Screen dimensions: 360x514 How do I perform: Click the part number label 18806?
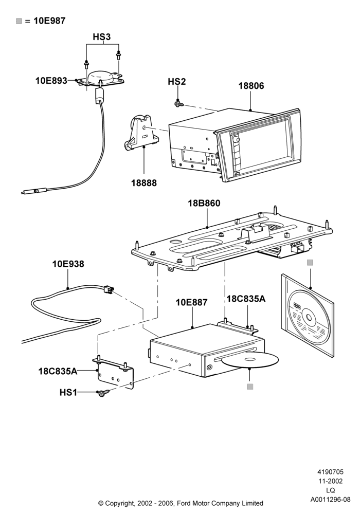(x=251, y=86)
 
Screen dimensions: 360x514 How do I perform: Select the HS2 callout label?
(x=177, y=81)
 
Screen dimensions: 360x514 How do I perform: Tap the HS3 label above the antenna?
(x=102, y=37)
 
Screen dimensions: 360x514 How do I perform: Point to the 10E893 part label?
(x=51, y=81)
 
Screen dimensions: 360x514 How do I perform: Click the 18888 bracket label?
(x=144, y=183)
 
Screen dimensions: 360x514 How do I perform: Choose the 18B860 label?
(x=204, y=203)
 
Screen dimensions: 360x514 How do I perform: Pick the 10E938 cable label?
(x=68, y=264)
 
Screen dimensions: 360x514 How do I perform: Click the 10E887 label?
(x=191, y=302)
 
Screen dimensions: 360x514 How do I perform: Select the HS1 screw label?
(x=68, y=392)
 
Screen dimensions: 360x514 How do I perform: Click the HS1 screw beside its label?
(x=103, y=393)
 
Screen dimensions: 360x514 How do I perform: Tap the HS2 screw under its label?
(x=179, y=104)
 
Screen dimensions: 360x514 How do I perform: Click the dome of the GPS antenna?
(x=99, y=77)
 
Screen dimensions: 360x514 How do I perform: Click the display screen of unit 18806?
(x=264, y=145)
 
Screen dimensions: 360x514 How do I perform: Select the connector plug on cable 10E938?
(x=108, y=290)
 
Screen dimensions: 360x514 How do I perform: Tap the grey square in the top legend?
(x=19, y=21)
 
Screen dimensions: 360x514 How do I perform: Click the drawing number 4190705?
(x=330, y=472)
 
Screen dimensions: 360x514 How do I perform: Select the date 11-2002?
(x=331, y=481)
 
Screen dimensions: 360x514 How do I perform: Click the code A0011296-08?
(x=331, y=500)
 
